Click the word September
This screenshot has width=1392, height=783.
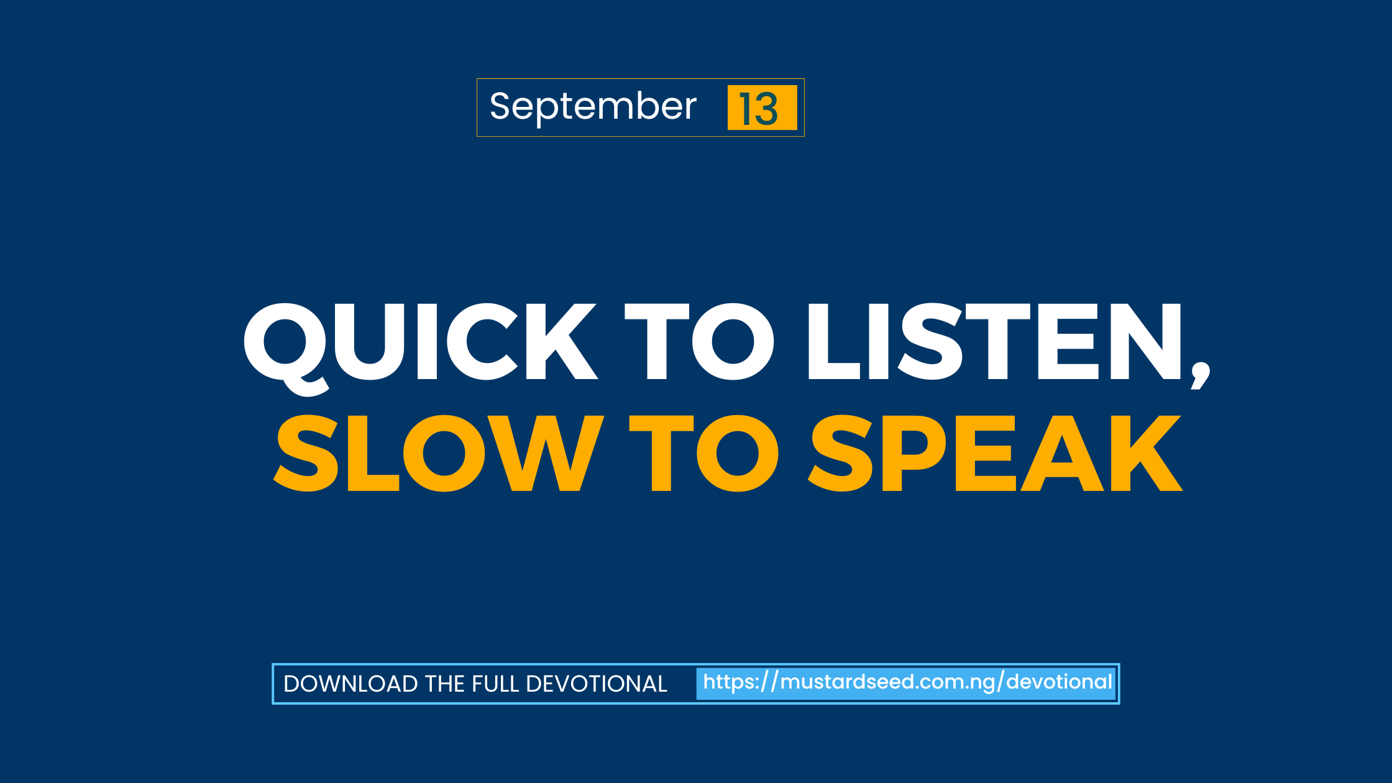coord(593,107)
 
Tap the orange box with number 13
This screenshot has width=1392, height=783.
coord(762,108)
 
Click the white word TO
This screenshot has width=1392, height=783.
coord(698,342)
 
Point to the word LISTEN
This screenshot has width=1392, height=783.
coord(994,342)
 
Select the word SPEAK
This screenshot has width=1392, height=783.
coord(994,454)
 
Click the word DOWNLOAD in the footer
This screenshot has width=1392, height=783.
coord(350,684)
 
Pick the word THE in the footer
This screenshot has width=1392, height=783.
coord(444,684)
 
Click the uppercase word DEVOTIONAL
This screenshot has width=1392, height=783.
coord(596,684)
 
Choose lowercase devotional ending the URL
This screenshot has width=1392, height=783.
coord(1059,682)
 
